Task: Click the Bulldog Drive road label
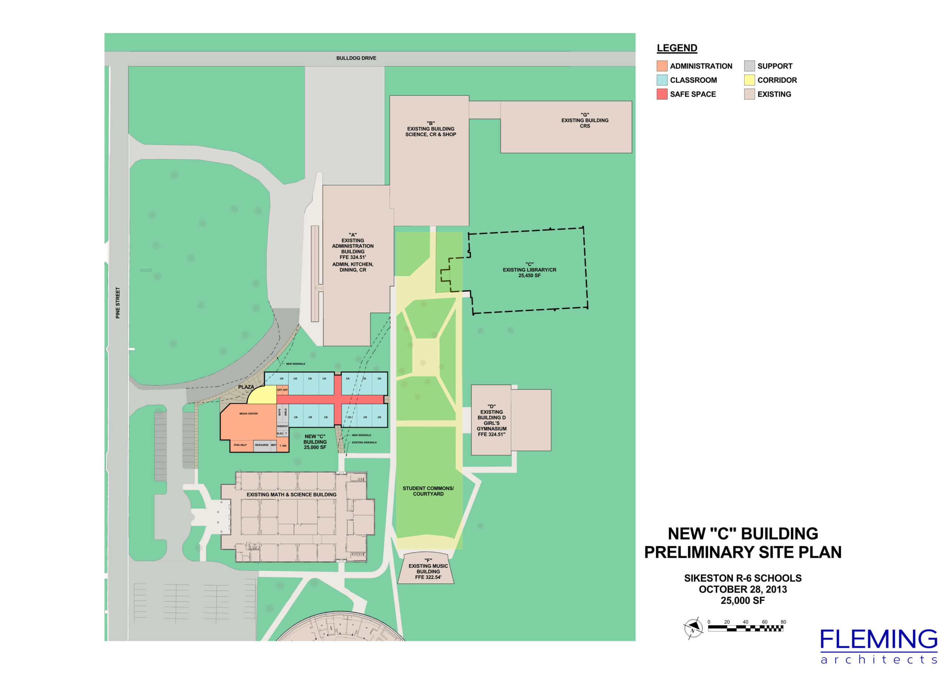tap(356, 58)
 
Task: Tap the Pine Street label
tap(118, 303)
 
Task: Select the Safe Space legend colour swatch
tap(661, 94)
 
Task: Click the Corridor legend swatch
tap(749, 80)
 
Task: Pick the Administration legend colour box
tap(661, 66)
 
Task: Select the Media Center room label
tap(248, 413)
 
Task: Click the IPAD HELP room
tap(240, 445)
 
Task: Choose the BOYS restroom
tap(280, 412)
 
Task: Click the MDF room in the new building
tap(274, 445)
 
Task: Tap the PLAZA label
tap(246, 387)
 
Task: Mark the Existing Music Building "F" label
tap(428, 569)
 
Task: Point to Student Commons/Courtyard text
tap(428, 491)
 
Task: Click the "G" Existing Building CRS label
tap(585, 120)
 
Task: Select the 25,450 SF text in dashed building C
tap(529, 275)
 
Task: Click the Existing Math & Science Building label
tap(291, 495)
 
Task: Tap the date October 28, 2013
tap(743, 589)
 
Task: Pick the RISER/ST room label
tap(282, 426)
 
